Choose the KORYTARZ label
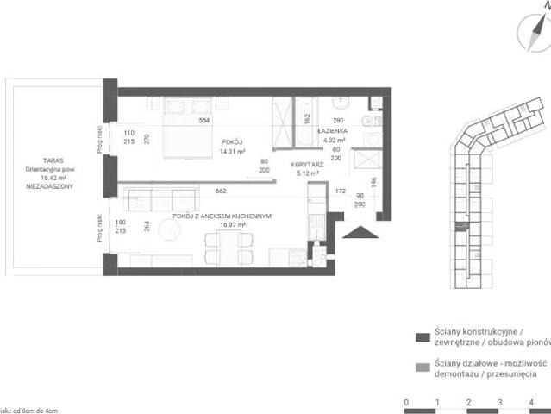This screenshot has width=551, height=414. pyautogui.click(x=306, y=164)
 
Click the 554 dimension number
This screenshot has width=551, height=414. pyautogui.click(x=204, y=121)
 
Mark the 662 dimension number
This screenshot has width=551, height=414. pyautogui.click(x=221, y=191)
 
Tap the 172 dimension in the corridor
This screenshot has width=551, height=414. pyautogui.click(x=340, y=191)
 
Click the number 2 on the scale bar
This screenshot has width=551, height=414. pyautogui.click(x=468, y=403)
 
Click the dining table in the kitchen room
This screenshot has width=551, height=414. pyautogui.click(x=228, y=245)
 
